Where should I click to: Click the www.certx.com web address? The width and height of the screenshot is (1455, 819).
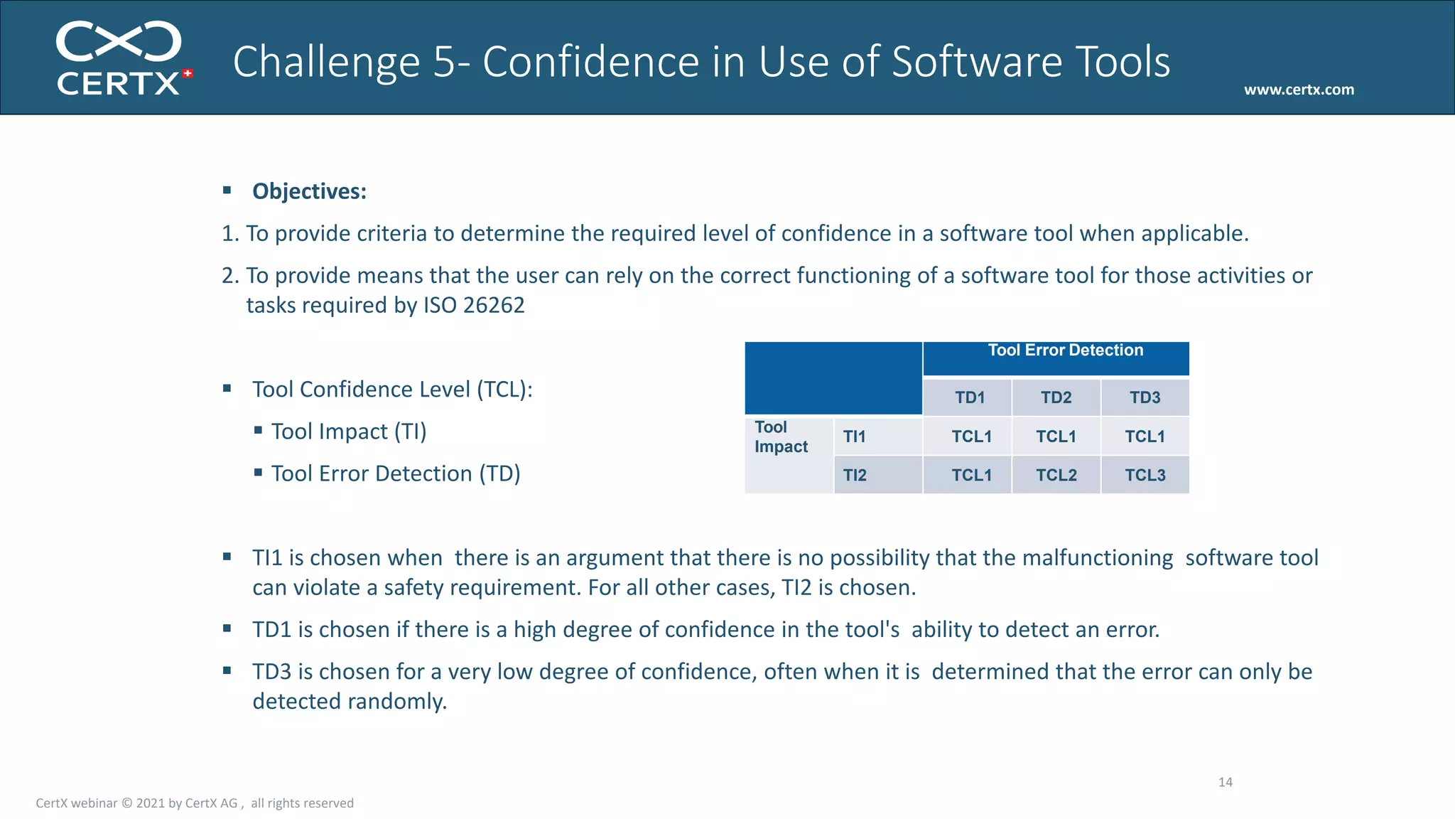[x=1299, y=90]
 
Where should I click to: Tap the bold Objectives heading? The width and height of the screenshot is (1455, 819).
[x=309, y=191]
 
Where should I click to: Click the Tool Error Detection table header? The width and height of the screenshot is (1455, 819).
[x=1065, y=350]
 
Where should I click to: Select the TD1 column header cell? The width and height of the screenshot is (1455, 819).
[x=970, y=397]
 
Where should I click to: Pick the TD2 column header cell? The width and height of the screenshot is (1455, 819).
[x=1056, y=397]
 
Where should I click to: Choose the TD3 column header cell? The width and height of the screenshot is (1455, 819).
[x=1145, y=397]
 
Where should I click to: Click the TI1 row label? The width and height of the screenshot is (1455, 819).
[x=854, y=437]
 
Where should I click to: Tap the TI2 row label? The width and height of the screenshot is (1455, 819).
[x=855, y=475]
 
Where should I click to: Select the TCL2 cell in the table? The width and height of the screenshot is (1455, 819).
[x=1056, y=475]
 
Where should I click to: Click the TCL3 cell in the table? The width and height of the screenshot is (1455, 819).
[x=1145, y=475]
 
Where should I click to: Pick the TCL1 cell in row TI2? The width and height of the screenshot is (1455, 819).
[x=971, y=475]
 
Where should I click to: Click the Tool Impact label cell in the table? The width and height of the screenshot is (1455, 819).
[x=781, y=437]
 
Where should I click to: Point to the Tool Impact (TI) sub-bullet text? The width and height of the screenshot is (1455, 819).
[x=348, y=432]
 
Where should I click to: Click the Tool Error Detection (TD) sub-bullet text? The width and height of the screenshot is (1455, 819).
[x=396, y=473]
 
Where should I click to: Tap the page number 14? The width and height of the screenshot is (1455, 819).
[x=1225, y=782]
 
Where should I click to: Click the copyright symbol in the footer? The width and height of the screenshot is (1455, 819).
[x=126, y=803]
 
